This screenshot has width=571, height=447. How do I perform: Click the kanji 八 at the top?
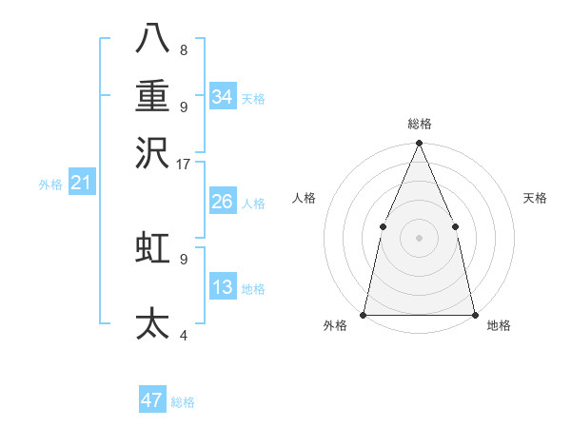click(153, 39)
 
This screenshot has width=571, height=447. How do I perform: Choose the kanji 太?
click(153, 323)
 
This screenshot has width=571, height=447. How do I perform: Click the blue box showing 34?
click(223, 97)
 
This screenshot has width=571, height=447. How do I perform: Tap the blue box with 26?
click(222, 202)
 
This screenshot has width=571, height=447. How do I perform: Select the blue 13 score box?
click(222, 287)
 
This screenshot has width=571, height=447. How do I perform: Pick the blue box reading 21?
click(80, 183)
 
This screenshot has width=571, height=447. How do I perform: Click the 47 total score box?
click(152, 400)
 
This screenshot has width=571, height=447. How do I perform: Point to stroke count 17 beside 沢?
click(183, 165)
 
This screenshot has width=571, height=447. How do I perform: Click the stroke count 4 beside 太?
click(184, 335)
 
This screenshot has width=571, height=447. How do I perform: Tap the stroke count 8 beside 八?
click(184, 49)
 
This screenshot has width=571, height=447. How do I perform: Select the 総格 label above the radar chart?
click(419, 125)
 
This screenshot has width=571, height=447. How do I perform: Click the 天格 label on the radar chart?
click(536, 198)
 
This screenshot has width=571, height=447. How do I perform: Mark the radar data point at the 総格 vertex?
click(419, 144)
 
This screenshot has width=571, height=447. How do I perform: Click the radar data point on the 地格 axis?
click(474, 314)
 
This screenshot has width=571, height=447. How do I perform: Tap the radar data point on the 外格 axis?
click(364, 314)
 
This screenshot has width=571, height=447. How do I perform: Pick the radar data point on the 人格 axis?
click(383, 226)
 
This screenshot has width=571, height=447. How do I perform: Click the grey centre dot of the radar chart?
click(419, 238)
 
